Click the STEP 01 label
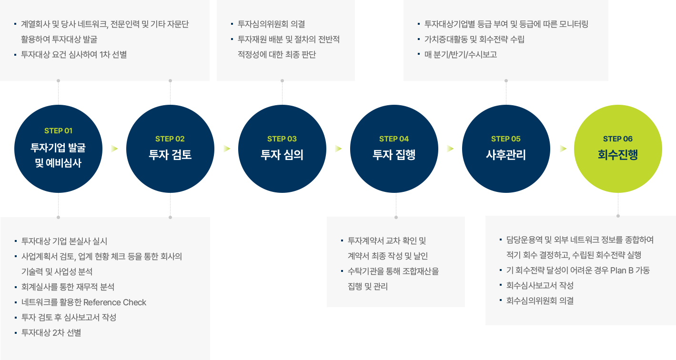coord(58,130)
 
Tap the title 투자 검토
coord(170,155)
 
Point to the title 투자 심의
coord(282,155)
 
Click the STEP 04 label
coord(394,139)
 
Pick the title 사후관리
coord(506,155)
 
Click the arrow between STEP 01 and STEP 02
coord(114,149)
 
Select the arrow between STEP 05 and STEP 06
coord(563,149)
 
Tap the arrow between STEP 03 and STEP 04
coord(338,149)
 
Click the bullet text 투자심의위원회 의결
coord(271,24)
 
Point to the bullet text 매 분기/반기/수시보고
coord(461,55)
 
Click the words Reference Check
coord(114,302)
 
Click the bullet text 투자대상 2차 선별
coord(51,333)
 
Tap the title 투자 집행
coord(394,155)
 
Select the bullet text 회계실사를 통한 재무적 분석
coord(68,287)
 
